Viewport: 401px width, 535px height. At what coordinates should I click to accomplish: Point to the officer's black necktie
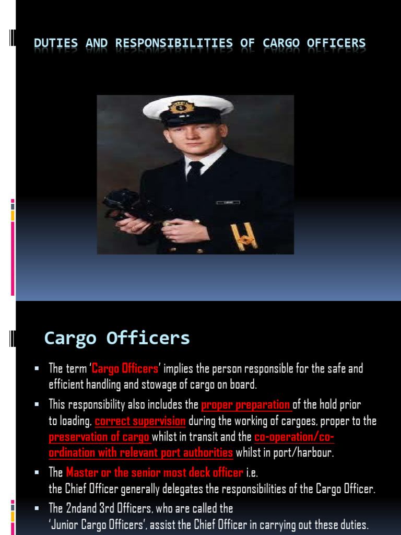click(195, 172)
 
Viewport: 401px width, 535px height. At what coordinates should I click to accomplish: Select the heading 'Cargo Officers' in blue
click(117, 339)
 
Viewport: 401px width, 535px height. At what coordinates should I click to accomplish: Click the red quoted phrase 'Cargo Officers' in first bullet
click(125, 369)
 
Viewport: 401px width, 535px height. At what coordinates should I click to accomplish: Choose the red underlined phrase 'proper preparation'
click(246, 405)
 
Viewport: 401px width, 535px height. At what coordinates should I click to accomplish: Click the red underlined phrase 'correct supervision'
click(140, 421)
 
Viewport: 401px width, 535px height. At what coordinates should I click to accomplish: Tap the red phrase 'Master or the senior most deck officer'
click(155, 473)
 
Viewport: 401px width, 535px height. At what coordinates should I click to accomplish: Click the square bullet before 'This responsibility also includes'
click(37, 405)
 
